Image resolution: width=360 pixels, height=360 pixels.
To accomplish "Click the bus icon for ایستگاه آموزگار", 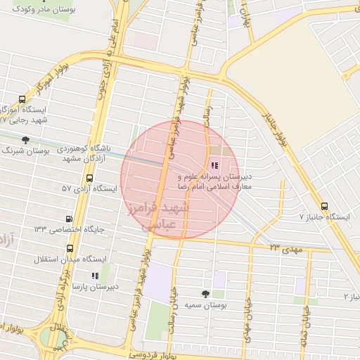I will point(22,100).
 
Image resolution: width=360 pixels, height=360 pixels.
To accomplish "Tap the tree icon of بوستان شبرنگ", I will point(26,140).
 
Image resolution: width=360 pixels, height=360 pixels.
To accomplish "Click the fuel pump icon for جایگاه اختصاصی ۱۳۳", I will point(69,219).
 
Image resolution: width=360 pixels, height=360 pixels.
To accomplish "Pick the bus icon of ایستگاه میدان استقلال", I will point(69,248).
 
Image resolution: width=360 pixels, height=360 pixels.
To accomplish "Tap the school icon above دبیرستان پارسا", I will point(95,276).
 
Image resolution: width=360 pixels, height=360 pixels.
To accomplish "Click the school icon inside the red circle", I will point(214,165).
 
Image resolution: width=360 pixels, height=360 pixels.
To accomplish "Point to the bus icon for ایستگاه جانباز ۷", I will point(323,207).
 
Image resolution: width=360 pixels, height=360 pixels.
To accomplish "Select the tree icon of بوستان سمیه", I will point(205,292).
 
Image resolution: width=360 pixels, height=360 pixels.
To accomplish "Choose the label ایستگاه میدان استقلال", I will point(71,259).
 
